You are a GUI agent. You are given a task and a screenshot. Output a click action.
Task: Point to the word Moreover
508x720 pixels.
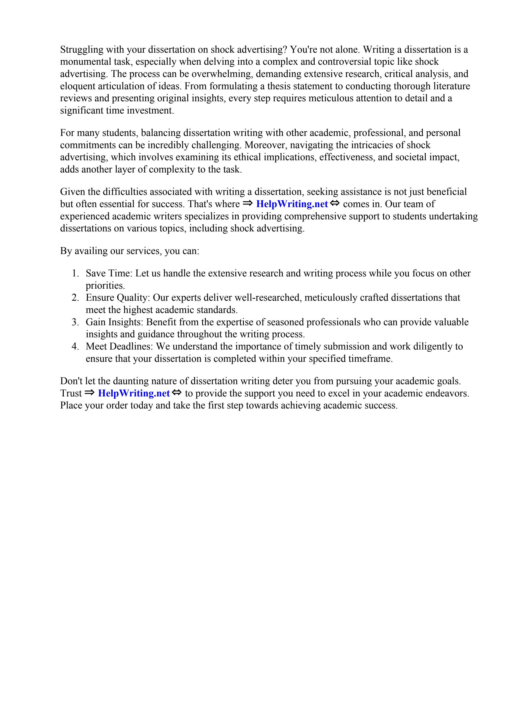point(267,145)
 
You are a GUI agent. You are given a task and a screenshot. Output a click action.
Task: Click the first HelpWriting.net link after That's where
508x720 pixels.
point(292,204)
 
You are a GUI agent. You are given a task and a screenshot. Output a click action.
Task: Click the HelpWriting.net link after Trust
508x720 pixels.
point(134,393)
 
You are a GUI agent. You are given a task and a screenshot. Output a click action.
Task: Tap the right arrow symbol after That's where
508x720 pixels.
point(247,204)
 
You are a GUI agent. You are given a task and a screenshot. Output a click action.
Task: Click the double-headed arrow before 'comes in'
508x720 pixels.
point(335,204)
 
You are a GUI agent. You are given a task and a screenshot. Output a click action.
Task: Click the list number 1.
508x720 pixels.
point(75,274)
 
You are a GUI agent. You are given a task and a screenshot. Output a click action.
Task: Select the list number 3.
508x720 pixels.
point(75,322)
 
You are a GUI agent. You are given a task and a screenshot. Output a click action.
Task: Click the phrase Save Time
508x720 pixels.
point(109,274)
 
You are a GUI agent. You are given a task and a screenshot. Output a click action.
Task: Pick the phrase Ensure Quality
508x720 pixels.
point(118,298)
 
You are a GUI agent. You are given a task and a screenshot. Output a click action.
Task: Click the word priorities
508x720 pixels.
point(105,286)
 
